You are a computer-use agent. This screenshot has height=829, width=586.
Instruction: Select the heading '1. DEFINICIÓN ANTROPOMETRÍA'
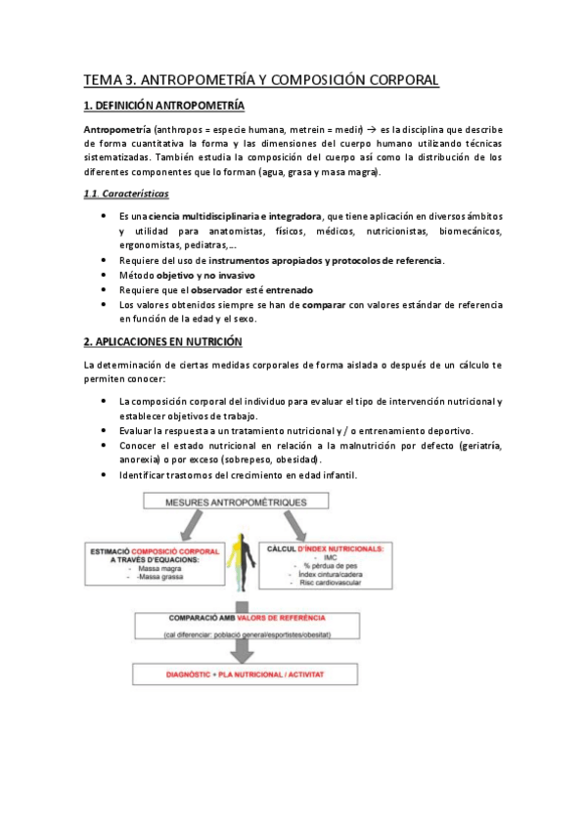click(164, 105)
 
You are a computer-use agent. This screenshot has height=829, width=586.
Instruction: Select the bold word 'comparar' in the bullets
click(327, 304)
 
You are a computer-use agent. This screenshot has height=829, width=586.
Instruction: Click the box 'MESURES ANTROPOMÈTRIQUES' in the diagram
click(240, 502)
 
